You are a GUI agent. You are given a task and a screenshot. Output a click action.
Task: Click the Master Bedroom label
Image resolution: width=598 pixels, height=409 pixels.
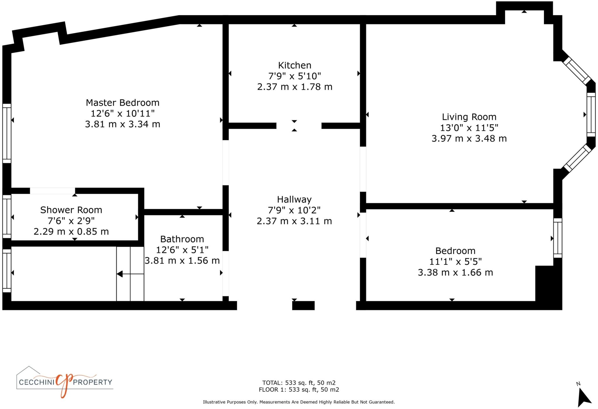click(x=122, y=102)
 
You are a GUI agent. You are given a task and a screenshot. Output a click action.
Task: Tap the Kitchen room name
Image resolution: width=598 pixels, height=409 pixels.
click(x=294, y=65)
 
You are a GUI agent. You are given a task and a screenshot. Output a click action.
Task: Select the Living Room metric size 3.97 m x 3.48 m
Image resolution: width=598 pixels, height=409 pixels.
click(x=469, y=138)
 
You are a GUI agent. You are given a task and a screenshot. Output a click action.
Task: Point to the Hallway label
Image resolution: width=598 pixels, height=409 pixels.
click(x=294, y=199)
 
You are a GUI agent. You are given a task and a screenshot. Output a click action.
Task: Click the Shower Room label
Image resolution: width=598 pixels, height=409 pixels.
click(x=71, y=210)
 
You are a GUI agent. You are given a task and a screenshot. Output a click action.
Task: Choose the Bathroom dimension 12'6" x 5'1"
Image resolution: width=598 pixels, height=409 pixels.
click(x=182, y=250)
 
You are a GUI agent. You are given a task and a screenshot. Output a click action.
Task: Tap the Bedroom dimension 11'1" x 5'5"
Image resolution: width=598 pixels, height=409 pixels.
click(x=455, y=262)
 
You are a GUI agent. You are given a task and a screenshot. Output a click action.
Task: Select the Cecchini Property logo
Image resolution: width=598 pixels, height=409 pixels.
click(x=65, y=382)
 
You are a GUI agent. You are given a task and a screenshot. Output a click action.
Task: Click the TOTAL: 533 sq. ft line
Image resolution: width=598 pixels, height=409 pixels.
click(x=299, y=383)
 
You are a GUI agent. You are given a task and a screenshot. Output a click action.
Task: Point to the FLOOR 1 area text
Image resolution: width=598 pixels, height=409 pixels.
click(x=299, y=389)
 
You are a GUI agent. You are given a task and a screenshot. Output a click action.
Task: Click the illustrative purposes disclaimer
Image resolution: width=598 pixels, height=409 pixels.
click(x=299, y=402)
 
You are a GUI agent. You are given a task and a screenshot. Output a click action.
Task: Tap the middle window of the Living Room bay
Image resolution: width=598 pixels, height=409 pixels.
click(x=591, y=114)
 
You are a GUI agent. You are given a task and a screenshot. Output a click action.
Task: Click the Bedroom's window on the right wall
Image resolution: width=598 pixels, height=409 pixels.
click(x=557, y=238)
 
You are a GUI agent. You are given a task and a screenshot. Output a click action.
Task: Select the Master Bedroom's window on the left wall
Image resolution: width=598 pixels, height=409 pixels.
click(x=7, y=133)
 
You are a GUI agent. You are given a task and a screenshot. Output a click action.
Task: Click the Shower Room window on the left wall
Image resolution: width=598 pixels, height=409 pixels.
click(x=7, y=216)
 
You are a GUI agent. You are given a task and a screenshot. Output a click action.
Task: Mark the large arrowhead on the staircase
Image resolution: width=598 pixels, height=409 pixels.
click(x=119, y=274)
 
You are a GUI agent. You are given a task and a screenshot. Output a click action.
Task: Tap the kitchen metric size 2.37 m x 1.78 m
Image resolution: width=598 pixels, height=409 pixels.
click(x=294, y=87)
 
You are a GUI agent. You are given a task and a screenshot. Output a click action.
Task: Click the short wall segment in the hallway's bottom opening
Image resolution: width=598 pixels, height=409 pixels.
click(x=303, y=305)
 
